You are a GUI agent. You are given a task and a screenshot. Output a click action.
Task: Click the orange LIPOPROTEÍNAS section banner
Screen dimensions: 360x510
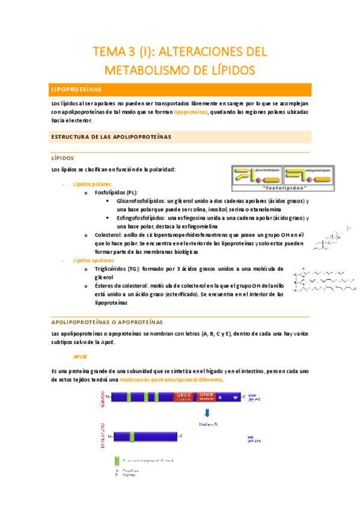tap(181, 90)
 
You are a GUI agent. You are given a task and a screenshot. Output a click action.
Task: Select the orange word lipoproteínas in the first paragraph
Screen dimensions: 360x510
tap(191, 112)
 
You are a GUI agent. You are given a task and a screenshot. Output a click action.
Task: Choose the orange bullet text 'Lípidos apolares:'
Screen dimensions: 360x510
tap(94, 260)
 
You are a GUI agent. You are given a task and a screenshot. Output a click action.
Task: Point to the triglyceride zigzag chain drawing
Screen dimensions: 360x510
tap(325, 280)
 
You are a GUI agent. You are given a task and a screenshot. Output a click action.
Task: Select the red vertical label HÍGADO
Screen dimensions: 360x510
tap(103, 397)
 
